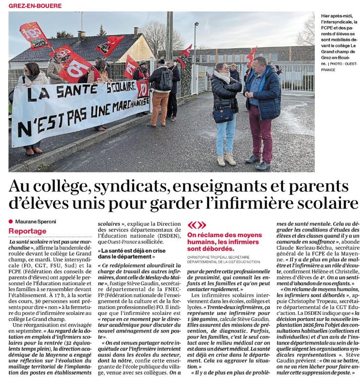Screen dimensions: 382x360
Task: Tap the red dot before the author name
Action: point(11,222)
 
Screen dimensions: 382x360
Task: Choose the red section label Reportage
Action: point(27,231)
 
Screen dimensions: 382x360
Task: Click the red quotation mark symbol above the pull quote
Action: point(197,225)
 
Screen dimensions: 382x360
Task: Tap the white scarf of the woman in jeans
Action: point(223,77)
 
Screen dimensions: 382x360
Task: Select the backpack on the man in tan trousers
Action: point(165,80)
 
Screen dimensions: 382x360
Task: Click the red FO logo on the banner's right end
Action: point(142,89)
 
